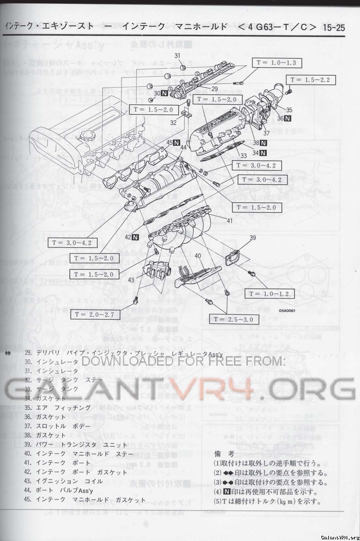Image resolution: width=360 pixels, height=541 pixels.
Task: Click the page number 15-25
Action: pos(334,27)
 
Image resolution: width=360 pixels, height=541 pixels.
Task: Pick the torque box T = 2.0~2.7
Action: pos(95,314)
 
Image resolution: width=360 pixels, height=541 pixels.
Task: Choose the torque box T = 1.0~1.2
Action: pos(269,294)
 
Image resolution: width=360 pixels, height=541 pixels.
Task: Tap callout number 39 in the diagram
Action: pos(252,238)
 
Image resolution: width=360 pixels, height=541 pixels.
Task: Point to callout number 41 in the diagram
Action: pos(229,220)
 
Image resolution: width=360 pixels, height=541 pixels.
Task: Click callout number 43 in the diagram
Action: pos(131,280)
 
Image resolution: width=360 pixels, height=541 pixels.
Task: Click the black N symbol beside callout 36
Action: pos(288,118)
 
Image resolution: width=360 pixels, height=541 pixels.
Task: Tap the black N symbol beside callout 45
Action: pos(177,142)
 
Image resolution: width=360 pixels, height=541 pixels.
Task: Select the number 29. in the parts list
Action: pos(28,353)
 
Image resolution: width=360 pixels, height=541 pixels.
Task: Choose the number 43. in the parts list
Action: pos(28,481)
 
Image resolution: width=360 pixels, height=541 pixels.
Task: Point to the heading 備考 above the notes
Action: pos(224,454)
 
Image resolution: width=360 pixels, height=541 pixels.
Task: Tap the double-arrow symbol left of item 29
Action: pos(9,353)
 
